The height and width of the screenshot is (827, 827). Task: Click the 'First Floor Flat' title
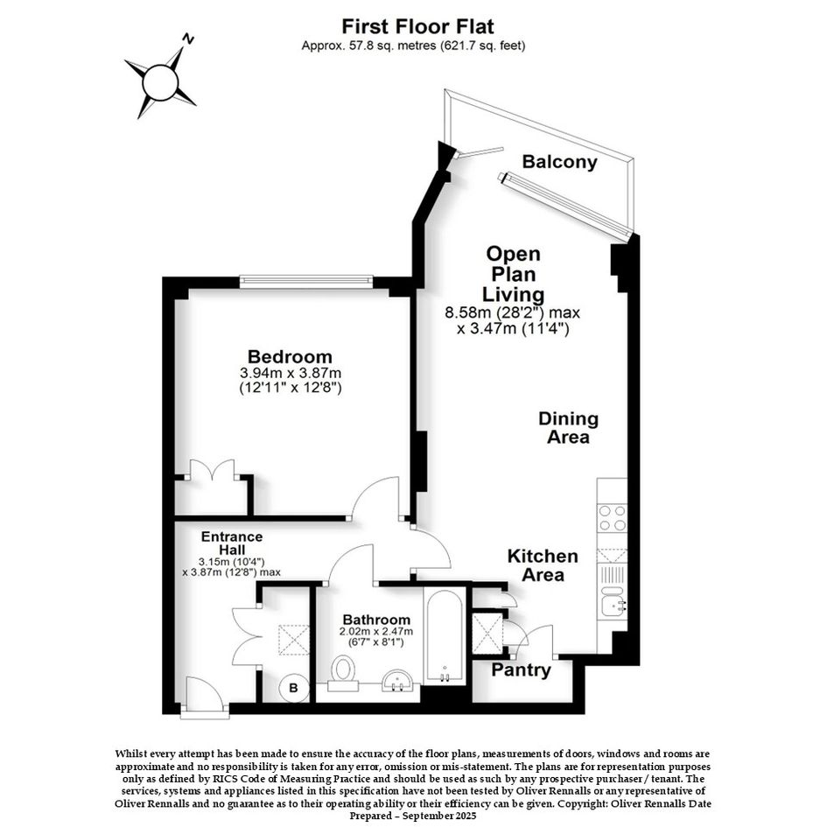click(x=417, y=26)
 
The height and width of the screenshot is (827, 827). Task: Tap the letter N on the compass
click(x=188, y=39)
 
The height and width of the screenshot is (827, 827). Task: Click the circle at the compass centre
click(x=160, y=82)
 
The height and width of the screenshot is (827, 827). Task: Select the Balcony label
click(x=559, y=161)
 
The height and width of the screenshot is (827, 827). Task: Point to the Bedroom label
click(x=290, y=356)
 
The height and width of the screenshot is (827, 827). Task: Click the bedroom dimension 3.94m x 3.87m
click(x=291, y=374)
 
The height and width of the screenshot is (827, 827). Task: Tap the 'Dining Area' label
click(x=569, y=428)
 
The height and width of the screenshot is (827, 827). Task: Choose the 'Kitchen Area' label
click(x=543, y=564)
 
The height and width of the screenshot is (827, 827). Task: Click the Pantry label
click(x=521, y=670)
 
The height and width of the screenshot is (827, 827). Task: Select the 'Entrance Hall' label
click(x=232, y=543)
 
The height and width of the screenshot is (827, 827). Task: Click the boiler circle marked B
click(x=294, y=688)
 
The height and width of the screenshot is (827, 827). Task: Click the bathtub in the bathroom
click(x=445, y=636)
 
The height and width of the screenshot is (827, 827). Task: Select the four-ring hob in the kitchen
click(x=613, y=518)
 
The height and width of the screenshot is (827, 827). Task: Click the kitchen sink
click(x=613, y=601)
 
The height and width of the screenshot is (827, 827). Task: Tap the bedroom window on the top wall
click(x=306, y=282)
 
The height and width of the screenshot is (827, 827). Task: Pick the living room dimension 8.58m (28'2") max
click(x=513, y=312)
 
